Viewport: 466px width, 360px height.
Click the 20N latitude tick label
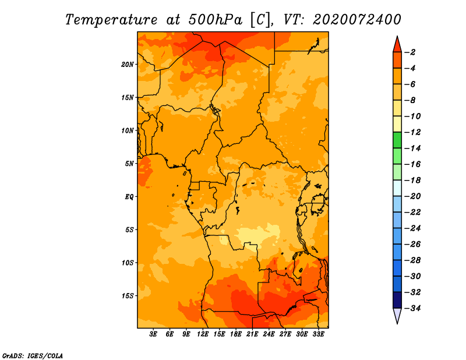coord(128,65)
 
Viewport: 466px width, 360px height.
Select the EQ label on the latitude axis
coord(129,197)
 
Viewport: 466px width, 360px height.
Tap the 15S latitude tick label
coord(128,296)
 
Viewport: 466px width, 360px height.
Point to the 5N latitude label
coord(129,164)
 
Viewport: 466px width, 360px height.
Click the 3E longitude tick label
coord(153,334)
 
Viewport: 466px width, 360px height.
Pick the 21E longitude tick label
coord(252,334)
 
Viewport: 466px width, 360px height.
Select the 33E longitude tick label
coord(318,334)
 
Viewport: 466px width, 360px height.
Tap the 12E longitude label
coord(203,334)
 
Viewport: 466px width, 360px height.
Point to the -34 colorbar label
coord(412,308)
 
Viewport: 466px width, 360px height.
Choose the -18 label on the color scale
coord(412,180)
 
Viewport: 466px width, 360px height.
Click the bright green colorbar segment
coord(397,140)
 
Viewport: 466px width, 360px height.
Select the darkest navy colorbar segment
coord(397,300)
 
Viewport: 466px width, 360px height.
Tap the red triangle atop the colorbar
coord(397,45)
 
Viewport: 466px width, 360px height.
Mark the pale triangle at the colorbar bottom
coord(397,316)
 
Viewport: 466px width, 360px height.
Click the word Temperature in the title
coord(111,20)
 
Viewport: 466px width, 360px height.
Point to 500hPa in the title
coord(215,20)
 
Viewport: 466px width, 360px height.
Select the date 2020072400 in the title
coord(356,20)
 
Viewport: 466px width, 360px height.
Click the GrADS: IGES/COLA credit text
coord(33,356)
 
